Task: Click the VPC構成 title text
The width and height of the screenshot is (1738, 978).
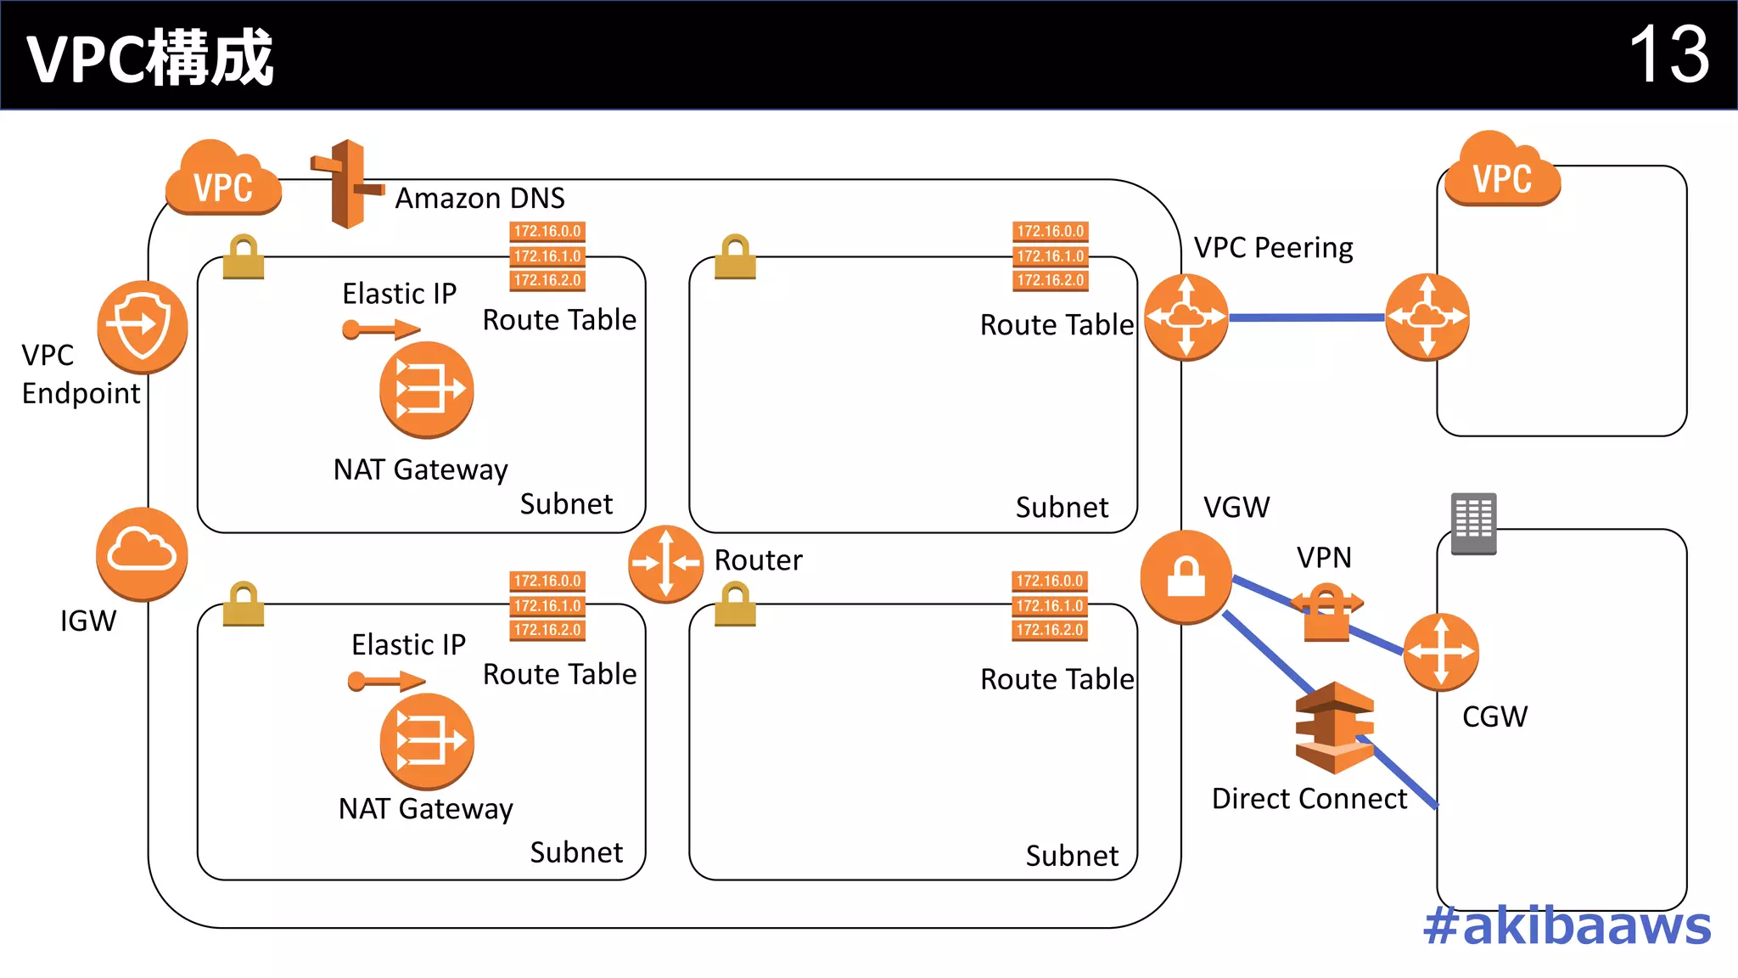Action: click(150, 58)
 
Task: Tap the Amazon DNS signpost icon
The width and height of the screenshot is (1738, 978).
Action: click(346, 184)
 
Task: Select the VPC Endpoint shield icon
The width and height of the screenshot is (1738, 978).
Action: click(142, 326)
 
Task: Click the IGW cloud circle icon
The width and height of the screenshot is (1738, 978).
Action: click(142, 554)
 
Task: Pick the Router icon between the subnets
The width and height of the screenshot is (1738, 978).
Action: click(665, 564)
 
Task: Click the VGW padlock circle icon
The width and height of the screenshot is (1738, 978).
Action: click(1186, 576)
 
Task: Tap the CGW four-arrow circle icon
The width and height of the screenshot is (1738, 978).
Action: click(1440, 652)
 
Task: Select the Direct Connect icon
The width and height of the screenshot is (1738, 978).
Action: click(1334, 728)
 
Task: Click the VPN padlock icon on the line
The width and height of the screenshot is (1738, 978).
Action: click(1326, 612)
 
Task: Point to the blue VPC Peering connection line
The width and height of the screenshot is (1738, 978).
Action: click(1307, 318)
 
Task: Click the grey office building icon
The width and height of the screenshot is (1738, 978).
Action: click(1473, 523)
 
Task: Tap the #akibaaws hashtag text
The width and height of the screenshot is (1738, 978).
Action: click(1567, 925)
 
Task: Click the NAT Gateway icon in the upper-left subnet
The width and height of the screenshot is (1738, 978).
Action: click(426, 390)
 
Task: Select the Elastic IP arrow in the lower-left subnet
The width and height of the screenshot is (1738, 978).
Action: click(386, 681)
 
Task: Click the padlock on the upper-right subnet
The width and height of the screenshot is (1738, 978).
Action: click(735, 257)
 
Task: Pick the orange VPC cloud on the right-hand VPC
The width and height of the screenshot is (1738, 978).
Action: click(1502, 171)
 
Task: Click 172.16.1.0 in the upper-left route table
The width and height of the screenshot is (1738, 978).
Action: click(547, 256)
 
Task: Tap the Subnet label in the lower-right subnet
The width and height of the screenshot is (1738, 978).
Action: click(1072, 855)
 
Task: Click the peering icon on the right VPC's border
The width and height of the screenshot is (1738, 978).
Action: click(1427, 317)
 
